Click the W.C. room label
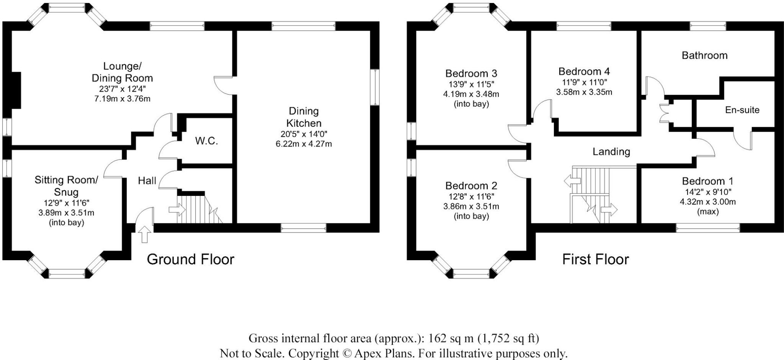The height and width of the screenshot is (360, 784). point(206,141)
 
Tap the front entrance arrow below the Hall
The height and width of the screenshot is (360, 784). point(144,234)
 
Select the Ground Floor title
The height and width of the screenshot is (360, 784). point(190,259)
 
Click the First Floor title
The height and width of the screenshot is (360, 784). point(595,259)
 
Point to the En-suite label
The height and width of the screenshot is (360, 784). point(742,110)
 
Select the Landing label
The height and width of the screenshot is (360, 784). point(611,152)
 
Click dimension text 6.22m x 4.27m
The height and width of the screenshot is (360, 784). point(304,144)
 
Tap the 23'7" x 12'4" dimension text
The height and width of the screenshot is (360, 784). point(122,89)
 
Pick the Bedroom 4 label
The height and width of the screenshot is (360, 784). point(584,72)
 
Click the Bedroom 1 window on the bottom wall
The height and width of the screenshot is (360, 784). point(707,229)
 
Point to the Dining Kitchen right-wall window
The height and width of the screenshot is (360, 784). point(375,87)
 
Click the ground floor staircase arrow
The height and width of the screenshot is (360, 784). point(177,210)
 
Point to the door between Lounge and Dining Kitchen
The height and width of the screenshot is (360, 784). point(223,85)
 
